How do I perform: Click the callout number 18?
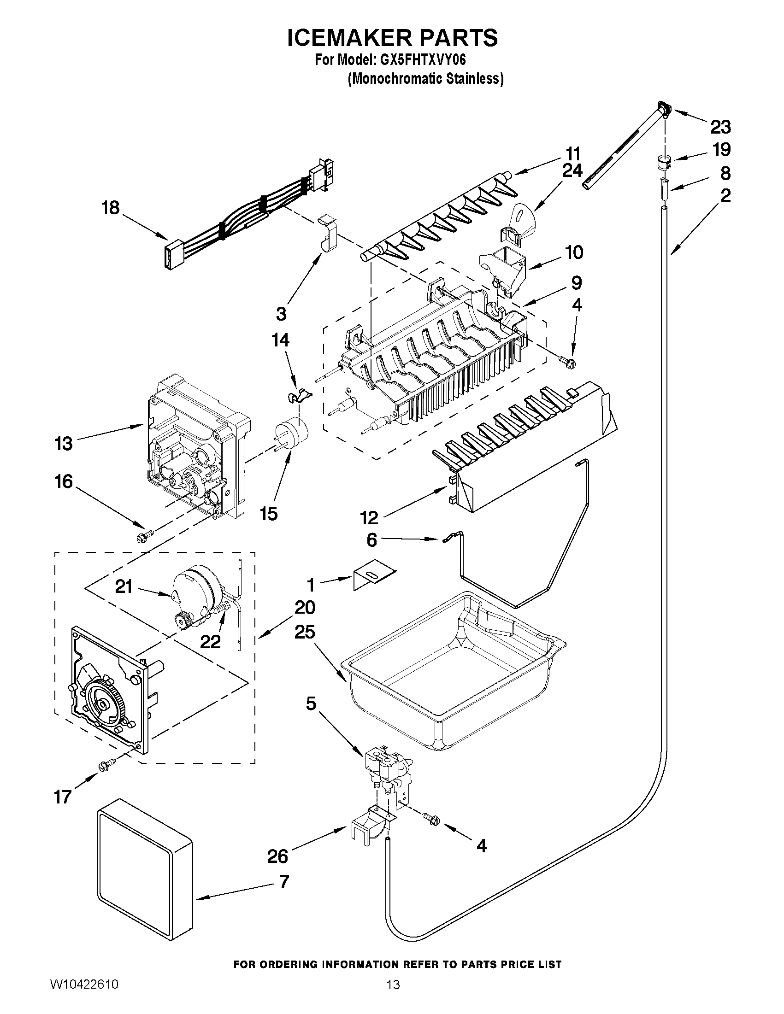coord(111,207)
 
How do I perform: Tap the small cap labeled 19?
coord(663,161)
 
